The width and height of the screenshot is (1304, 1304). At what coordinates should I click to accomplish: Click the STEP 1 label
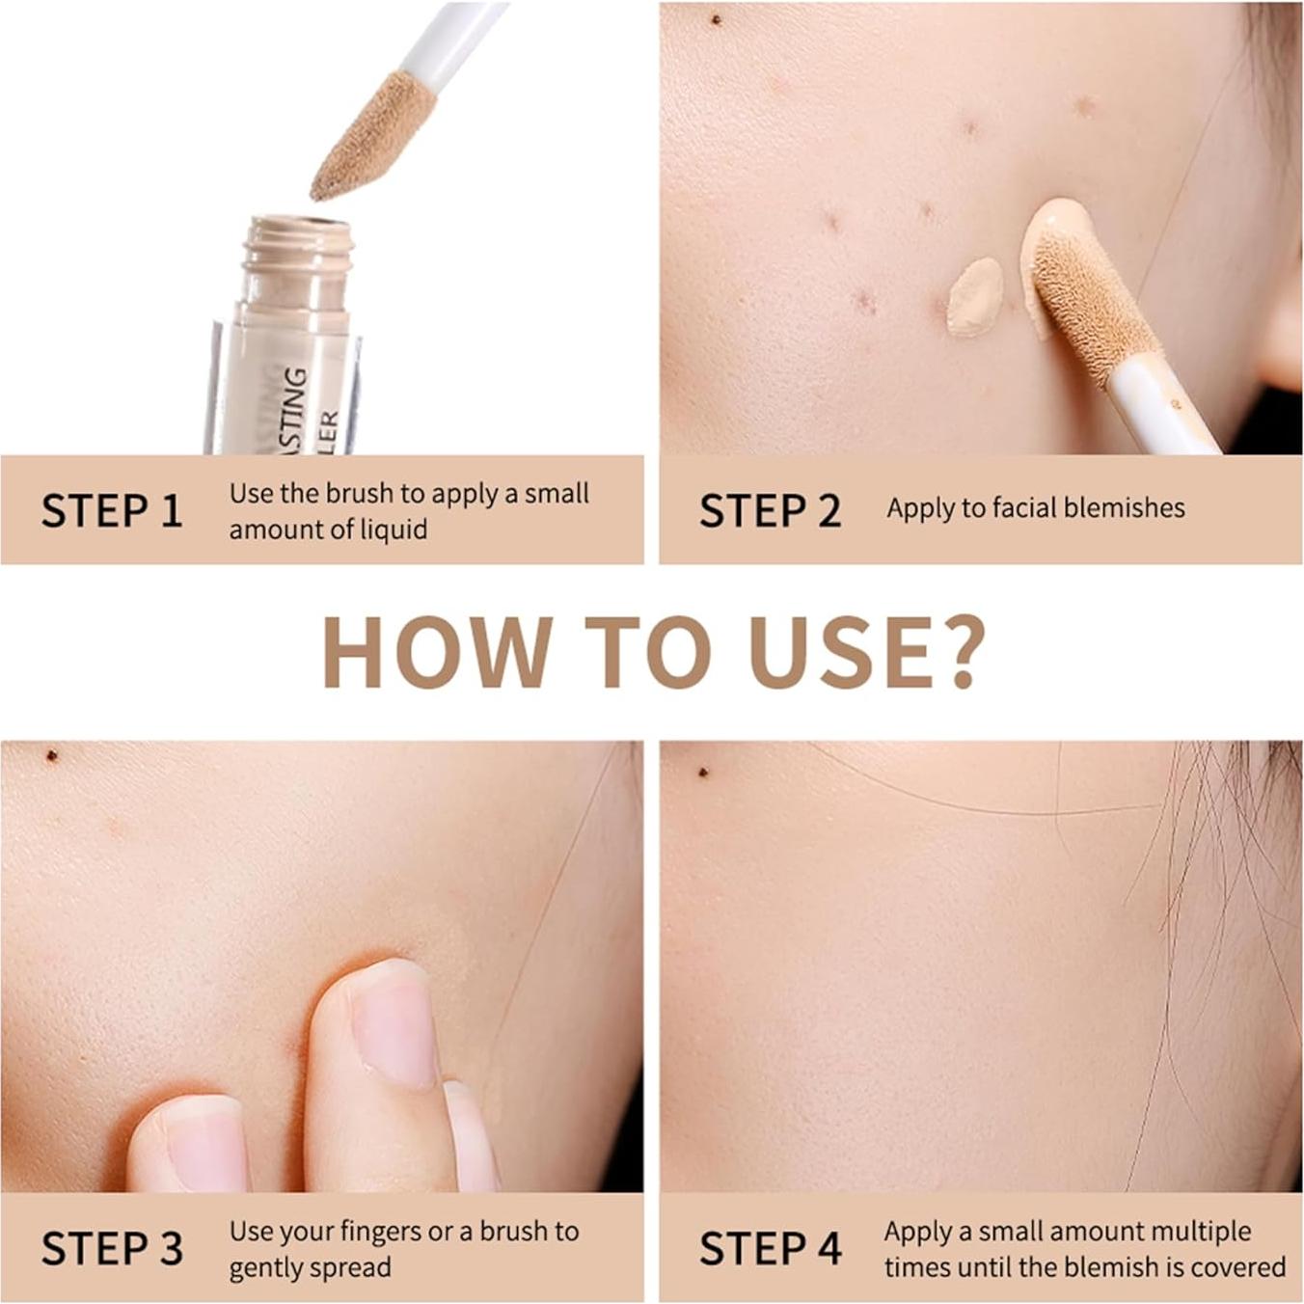point(112,510)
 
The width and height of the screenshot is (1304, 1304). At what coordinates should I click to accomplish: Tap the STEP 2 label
point(770,510)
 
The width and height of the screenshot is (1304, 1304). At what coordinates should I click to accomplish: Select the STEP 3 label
point(112,1248)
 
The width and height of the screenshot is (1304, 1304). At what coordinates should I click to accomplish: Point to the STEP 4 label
point(770,1248)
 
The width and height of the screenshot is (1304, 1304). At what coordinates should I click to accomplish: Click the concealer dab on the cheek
point(975,296)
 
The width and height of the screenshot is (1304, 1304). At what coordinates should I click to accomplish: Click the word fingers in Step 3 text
point(366,1232)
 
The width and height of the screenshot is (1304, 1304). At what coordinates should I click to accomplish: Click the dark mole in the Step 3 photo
point(51,755)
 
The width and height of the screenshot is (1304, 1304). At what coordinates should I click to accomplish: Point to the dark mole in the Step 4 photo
point(703,772)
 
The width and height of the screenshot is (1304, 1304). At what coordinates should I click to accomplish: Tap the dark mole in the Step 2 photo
point(716,19)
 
